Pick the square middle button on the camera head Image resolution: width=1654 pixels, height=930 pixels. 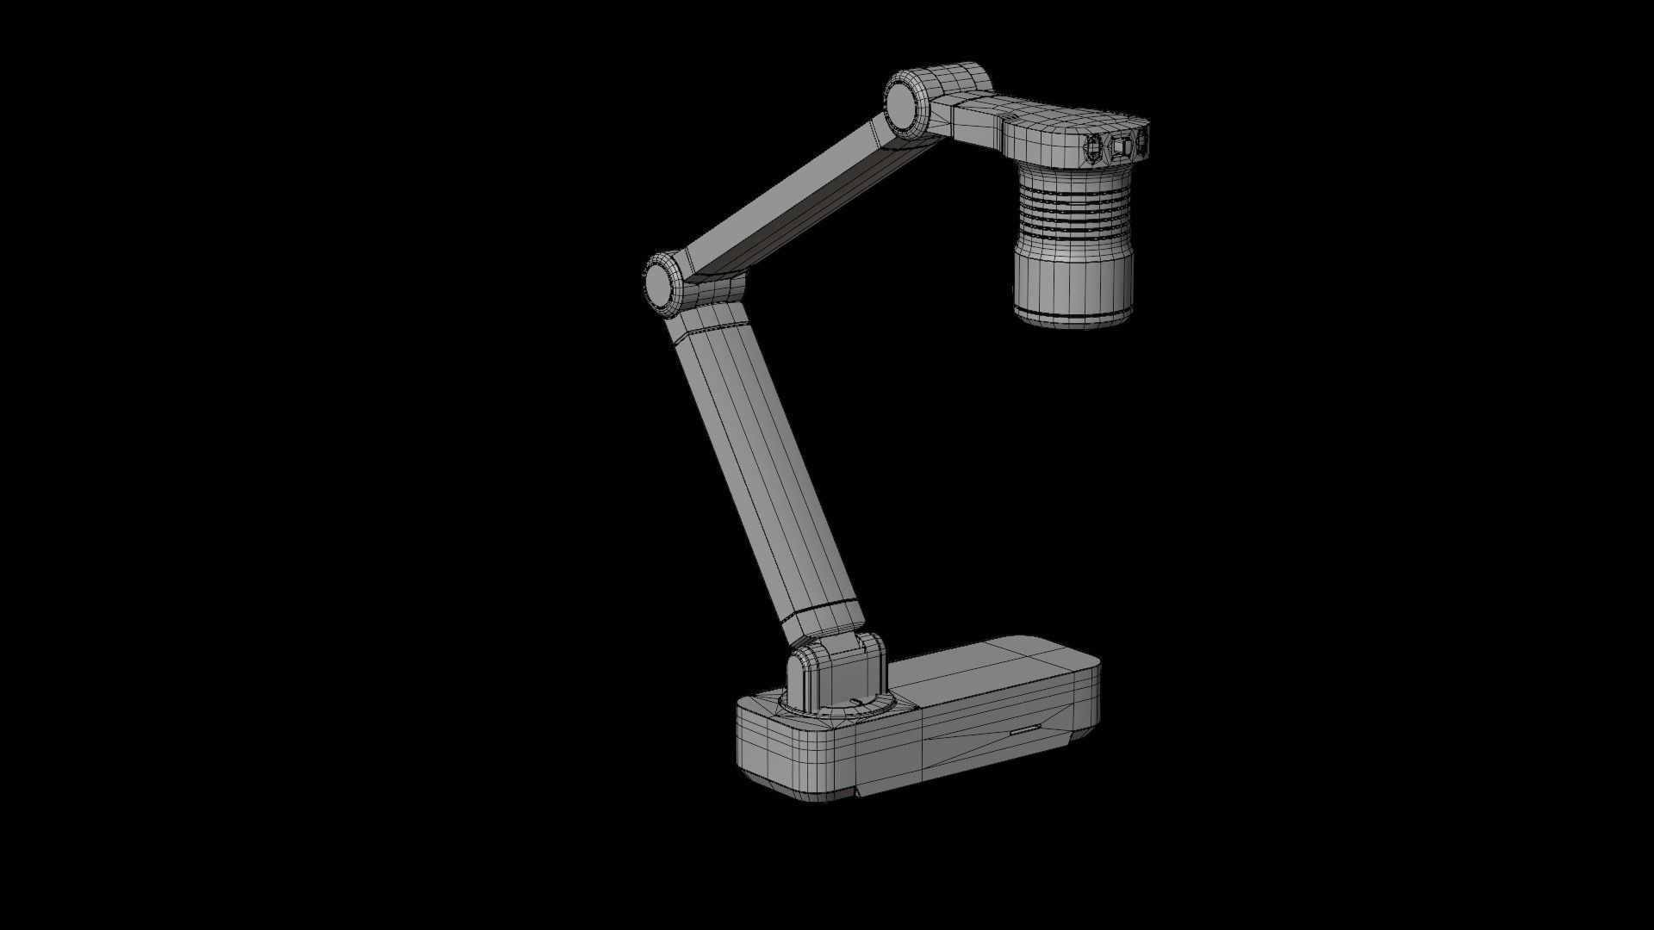click(x=1120, y=147)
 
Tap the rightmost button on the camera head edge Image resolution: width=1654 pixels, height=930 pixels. click(x=1144, y=141)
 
